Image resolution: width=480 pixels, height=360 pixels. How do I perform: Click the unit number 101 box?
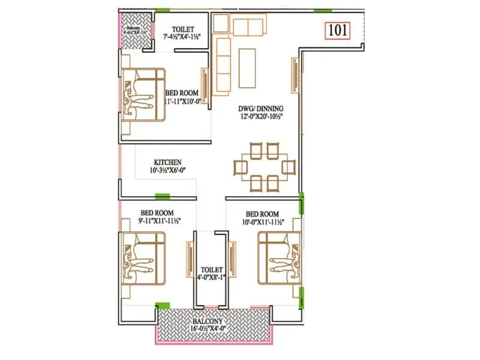pos(338,30)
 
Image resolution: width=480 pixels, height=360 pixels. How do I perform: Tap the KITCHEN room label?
pos(168,162)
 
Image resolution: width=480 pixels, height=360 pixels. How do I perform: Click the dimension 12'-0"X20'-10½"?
pos(259,116)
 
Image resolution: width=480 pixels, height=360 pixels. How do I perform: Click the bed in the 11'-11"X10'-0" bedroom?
pos(143,94)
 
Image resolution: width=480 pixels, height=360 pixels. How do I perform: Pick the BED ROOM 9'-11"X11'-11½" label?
pos(157,217)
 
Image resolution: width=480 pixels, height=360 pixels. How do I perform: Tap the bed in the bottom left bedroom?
pos(143,259)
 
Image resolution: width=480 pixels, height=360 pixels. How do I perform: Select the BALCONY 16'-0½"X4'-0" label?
pos(214,325)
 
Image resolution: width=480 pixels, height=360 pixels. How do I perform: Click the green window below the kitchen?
pos(162,196)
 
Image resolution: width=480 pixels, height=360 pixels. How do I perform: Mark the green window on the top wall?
pos(323,11)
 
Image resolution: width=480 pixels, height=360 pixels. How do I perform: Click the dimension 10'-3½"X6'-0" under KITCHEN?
pos(168,170)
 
